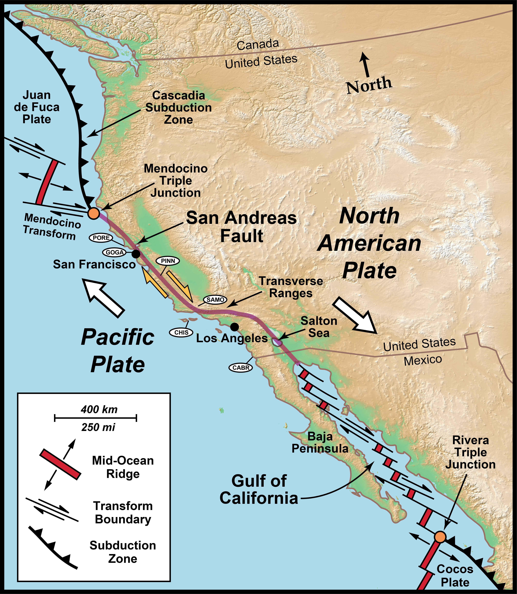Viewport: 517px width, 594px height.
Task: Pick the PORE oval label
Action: click(x=101, y=238)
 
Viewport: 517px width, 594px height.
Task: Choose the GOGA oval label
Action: click(x=114, y=253)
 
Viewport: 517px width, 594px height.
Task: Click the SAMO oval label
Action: click(x=215, y=300)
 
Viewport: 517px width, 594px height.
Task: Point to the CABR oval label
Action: click(x=241, y=368)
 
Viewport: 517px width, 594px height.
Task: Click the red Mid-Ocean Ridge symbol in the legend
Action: click(x=60, y=464)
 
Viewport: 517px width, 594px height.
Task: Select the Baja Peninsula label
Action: click(x=320, y=442)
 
